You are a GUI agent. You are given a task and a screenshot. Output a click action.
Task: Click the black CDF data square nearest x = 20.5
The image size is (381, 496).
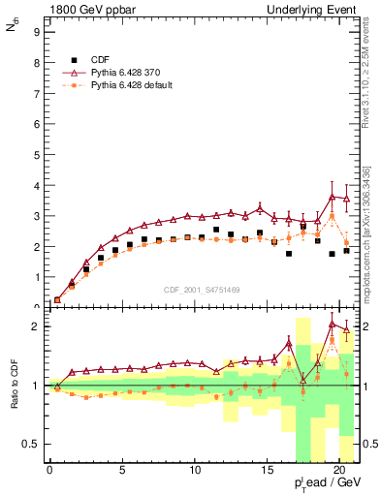(x=346, y=251)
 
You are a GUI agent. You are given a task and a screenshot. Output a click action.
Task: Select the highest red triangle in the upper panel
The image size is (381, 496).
(x=333, y=197)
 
